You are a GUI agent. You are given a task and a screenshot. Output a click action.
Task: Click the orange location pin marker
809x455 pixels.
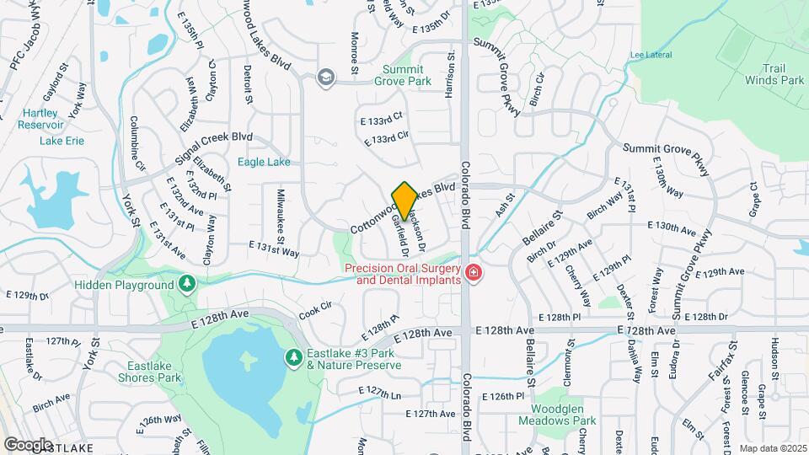tap(404, 201)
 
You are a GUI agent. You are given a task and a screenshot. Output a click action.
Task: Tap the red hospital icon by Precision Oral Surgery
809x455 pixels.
tap(474, 272)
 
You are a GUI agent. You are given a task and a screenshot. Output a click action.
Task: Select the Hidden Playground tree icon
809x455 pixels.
tap(187, 285)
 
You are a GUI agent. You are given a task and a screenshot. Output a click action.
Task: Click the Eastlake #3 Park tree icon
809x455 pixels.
tap(293, 358)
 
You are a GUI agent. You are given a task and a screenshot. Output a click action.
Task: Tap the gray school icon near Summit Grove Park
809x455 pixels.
tap(324, 78)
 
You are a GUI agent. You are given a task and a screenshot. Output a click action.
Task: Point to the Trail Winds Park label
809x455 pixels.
tap(774, 74)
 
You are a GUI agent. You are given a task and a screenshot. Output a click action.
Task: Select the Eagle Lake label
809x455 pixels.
tap(264, 162)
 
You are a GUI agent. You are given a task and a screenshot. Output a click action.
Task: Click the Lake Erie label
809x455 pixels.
tap(62, 141)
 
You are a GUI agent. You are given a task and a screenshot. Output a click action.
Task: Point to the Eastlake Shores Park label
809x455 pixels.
tap(154, 372)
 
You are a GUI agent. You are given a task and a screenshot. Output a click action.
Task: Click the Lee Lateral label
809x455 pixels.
tap(646, 56)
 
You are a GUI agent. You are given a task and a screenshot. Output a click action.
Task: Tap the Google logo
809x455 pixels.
tap(28, 444)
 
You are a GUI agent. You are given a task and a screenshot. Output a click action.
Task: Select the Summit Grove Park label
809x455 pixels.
tap(406, 75)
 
